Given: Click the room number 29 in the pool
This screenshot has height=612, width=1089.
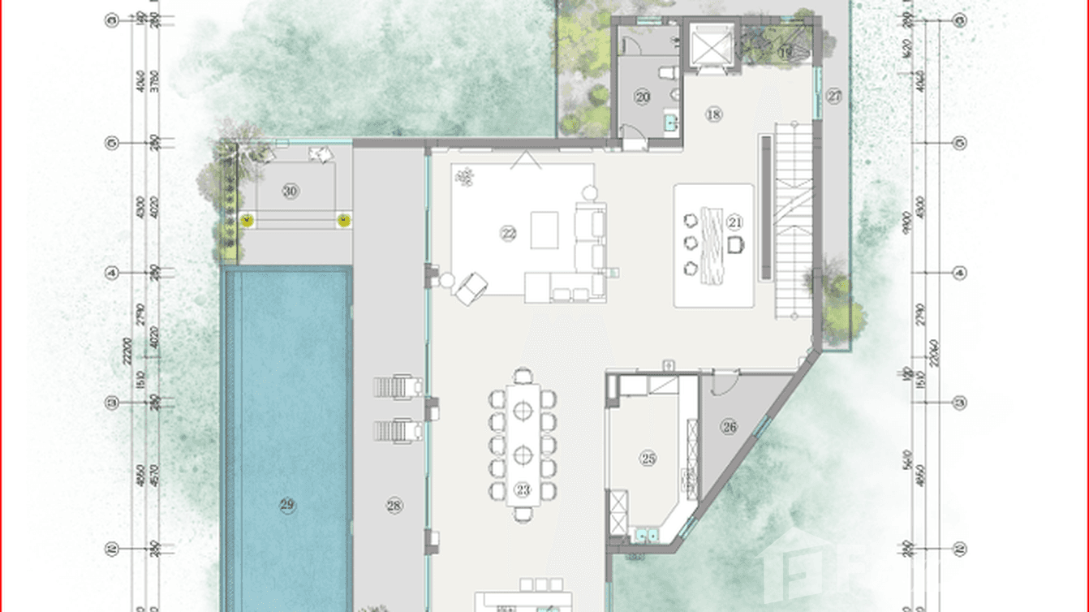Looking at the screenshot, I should [x=286, y=505].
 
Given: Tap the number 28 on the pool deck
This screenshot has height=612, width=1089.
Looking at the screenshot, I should [x=394, y=506].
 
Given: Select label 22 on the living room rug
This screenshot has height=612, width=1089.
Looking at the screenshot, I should [x=508, y=234].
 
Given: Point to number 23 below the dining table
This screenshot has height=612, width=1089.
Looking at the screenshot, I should [x=522, y=489].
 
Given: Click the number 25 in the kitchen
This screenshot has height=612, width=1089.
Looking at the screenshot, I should [x=648, y=459].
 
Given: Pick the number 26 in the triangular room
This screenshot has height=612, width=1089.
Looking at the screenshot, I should [x=729, y=426].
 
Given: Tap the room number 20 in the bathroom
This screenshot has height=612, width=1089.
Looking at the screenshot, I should [x=643, y=97].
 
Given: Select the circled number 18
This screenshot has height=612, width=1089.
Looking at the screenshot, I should [x=713, y=115].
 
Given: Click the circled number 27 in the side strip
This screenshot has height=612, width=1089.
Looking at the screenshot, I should [x=834, y=96].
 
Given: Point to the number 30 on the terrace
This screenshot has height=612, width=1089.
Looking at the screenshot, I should [x=291, y=192].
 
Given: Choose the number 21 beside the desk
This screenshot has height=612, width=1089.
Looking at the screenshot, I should [x=735, y=222].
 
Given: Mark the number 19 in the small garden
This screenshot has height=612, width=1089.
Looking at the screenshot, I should [x=785, y=52].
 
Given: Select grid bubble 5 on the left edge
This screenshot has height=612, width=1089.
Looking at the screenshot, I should [x=114, y=144].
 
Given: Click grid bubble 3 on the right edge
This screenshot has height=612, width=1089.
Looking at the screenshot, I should [x=960, y=403].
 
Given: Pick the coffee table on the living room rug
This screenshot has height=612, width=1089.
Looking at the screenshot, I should [x=544, y=230].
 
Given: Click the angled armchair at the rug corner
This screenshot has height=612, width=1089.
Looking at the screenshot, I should [x=471, y=287].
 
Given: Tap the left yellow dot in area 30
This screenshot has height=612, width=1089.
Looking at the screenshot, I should [x=248, y=219].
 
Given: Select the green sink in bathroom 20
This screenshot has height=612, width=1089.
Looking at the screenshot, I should [x=670, y=123].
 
